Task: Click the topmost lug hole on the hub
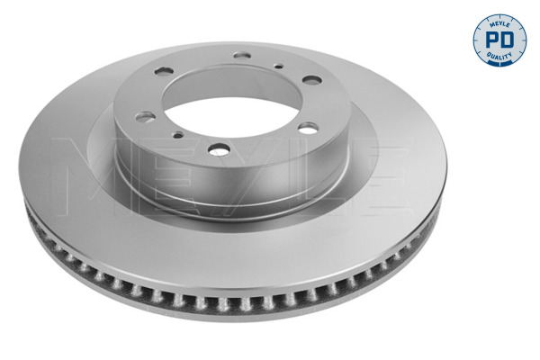point(241,55)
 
